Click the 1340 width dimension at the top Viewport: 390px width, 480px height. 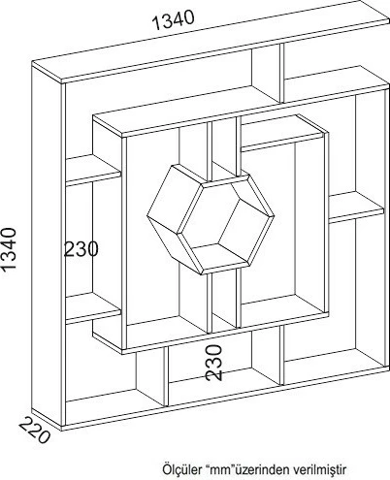pos(173,19)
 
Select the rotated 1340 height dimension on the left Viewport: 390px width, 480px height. pos(9,249)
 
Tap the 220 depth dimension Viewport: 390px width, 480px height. pos(34,431)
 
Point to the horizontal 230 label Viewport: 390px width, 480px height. pos(81,249)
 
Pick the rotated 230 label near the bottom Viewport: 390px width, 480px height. pos(214,362)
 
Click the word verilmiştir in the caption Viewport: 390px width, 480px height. pos(319,469)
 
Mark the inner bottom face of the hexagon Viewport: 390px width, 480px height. pos(219,256)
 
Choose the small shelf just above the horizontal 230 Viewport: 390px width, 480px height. pos(93,170)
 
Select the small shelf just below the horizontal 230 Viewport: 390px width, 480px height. pos(93,308)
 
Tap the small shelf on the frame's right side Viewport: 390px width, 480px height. pos(356,207)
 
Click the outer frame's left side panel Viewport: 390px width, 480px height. pos(48,245)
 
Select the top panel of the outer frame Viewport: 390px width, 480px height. pos(211,48)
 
